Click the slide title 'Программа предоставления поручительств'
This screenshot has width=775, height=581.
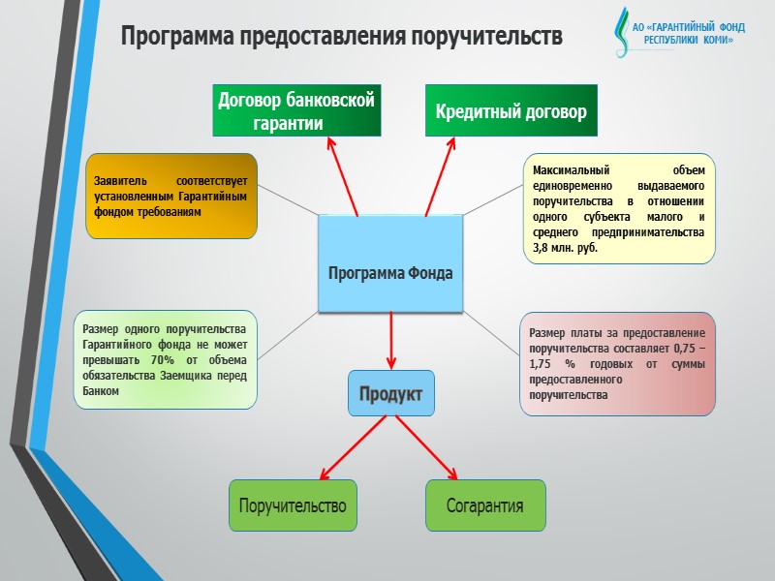tap(341, 37)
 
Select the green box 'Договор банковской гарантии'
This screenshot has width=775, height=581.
tap(296, 111)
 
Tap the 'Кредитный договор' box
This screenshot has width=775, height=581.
tap(511, 111)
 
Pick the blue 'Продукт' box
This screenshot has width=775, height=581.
tap(391, 394)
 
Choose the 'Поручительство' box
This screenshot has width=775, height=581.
tap(293, 505)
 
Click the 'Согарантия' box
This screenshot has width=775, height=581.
tap(485, 505)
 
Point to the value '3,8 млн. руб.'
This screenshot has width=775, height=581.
tap(566, 248)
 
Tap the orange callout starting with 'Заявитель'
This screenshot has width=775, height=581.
tap(171, 196)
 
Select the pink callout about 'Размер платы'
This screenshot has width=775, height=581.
tap(617, 364)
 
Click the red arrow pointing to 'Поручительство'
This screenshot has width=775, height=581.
tap(353, 447)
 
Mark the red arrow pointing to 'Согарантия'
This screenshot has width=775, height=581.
tap(425, 447)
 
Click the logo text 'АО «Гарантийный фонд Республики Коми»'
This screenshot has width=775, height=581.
tap(689, 35)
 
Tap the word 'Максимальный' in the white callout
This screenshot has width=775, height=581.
tap(567, 168)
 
